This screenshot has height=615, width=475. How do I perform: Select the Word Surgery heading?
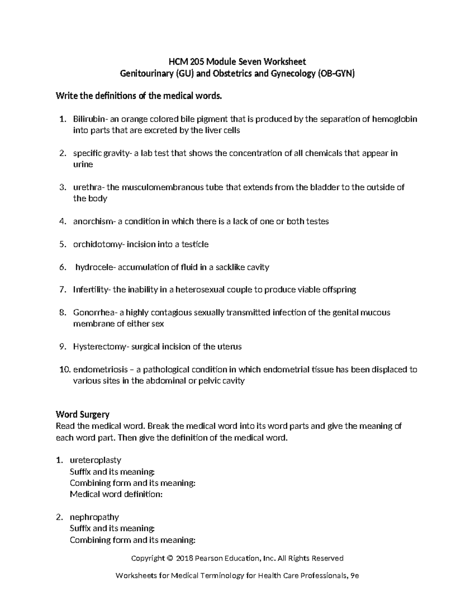coord(82,415)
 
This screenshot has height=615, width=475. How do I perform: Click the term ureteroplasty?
coord(95,460)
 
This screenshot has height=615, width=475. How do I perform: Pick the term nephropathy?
coord(94,517)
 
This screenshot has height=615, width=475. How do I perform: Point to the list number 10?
coord(64,370)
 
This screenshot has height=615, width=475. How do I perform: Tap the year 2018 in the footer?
coord(184,558)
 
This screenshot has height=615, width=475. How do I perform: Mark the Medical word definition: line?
coord(116,494)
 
